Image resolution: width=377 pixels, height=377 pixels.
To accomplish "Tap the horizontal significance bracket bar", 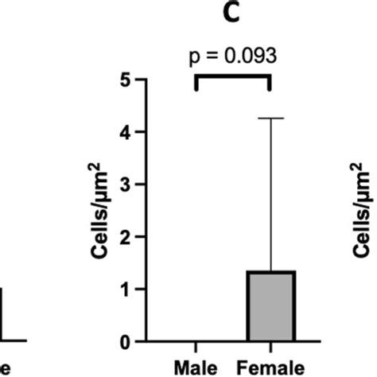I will (x=233, y=77).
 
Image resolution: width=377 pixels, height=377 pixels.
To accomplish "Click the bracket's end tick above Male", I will (x=196, y=83).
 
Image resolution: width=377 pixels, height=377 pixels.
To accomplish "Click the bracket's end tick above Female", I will (x=270, y=83).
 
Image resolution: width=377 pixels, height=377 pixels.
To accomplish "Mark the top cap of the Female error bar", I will (x=271, y=119).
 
